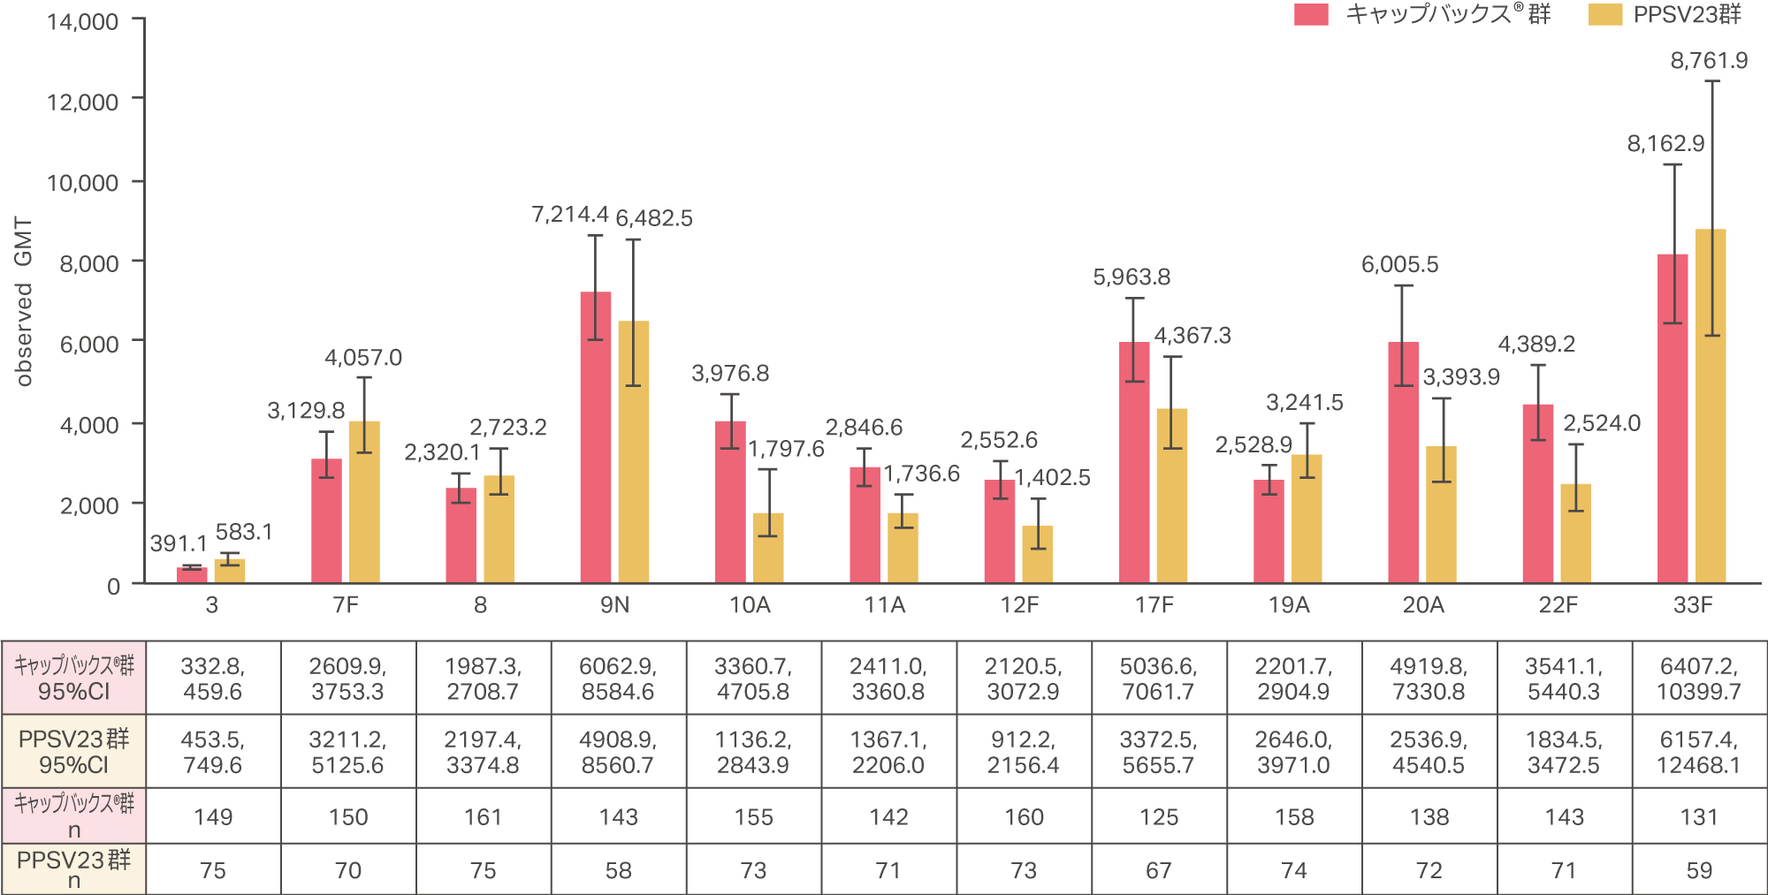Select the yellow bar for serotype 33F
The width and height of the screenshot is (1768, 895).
click(1711, 406)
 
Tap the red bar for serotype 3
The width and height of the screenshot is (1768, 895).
click(192, 574)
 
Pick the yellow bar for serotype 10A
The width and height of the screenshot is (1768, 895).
click(768, 548)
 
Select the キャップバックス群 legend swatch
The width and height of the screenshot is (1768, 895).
click(1311, 15)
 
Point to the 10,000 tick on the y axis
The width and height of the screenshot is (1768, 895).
click(82, 183)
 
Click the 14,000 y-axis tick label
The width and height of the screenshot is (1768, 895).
click(82, 22)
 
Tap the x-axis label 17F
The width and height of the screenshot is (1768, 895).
click(1155, 605)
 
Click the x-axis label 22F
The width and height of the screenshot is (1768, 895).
click(1558, 605)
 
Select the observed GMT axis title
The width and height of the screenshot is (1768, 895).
click(24, 301)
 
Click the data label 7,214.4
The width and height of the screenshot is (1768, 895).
click(570, 215)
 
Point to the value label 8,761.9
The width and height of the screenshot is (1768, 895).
click(1709, 61)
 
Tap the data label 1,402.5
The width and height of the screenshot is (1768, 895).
click(1052, 478)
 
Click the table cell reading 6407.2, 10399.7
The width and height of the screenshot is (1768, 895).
click(1698, 679)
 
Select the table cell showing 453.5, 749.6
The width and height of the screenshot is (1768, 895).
click(213, 752)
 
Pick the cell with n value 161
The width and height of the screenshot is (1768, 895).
click(483, 817)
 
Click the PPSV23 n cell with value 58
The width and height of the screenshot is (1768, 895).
click(618, 870)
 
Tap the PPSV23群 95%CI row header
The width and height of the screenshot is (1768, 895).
click(73, 752)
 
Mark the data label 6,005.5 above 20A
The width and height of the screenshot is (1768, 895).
click(1399, 265)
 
